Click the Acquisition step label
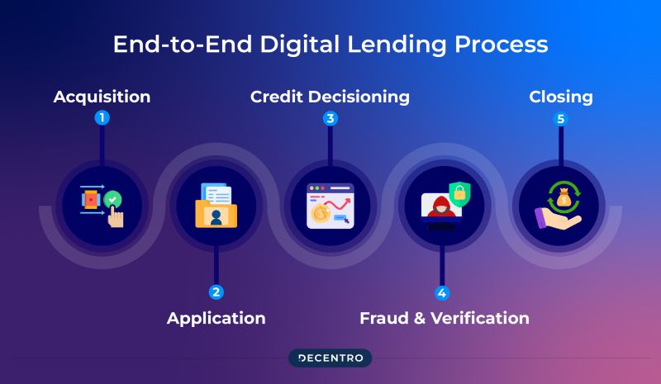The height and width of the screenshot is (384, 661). pyautogui.click(x=102, y=97)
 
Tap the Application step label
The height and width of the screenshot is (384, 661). pyautogui.click(x=216, y=318)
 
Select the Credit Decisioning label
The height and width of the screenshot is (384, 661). pyautogui.click(x=330, y=97)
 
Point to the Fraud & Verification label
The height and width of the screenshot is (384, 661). pyautogui.click(x=444, y=318)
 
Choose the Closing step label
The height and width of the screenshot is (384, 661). pyautogui.click(x=561, y=97)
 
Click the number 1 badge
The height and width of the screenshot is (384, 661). pyautogui.click(x=102, y=118)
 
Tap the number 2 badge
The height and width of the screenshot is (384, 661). pyautogui.click(x=216, y=292)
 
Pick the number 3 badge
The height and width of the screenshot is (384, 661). pyautogui.click(x=330, y=118)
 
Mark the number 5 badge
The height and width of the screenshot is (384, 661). pyautogui.click(x=561, y=118)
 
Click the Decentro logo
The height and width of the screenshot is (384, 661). pyautogui.click(x=330, y=358)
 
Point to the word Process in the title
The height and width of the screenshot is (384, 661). pyautogui.click(x=502, y=44)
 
